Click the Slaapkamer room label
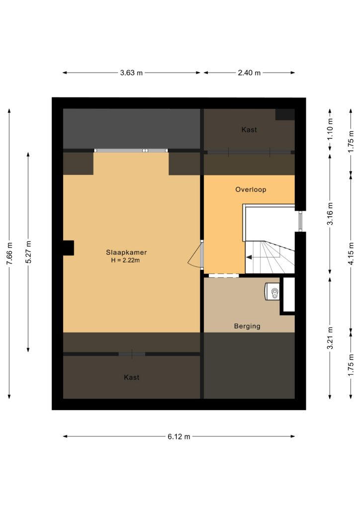point(126,252)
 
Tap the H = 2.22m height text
point(126,260)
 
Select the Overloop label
point(251,189)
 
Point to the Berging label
point(247,326)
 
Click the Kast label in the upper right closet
point(249,130)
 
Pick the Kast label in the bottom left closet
point(131,377)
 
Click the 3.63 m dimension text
point(131,73)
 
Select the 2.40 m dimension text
point(249,73)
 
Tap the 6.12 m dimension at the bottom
point(179,436)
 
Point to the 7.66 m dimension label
point(9,254)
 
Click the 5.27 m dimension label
point(28,252)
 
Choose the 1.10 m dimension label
point(330,129)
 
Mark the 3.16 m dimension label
point(330,214)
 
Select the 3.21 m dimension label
point(330,338)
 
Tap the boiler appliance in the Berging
point(272,291)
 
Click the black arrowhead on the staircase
point(249,257)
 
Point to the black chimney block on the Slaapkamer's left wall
point(68,248)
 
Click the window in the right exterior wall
point(300,221)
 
